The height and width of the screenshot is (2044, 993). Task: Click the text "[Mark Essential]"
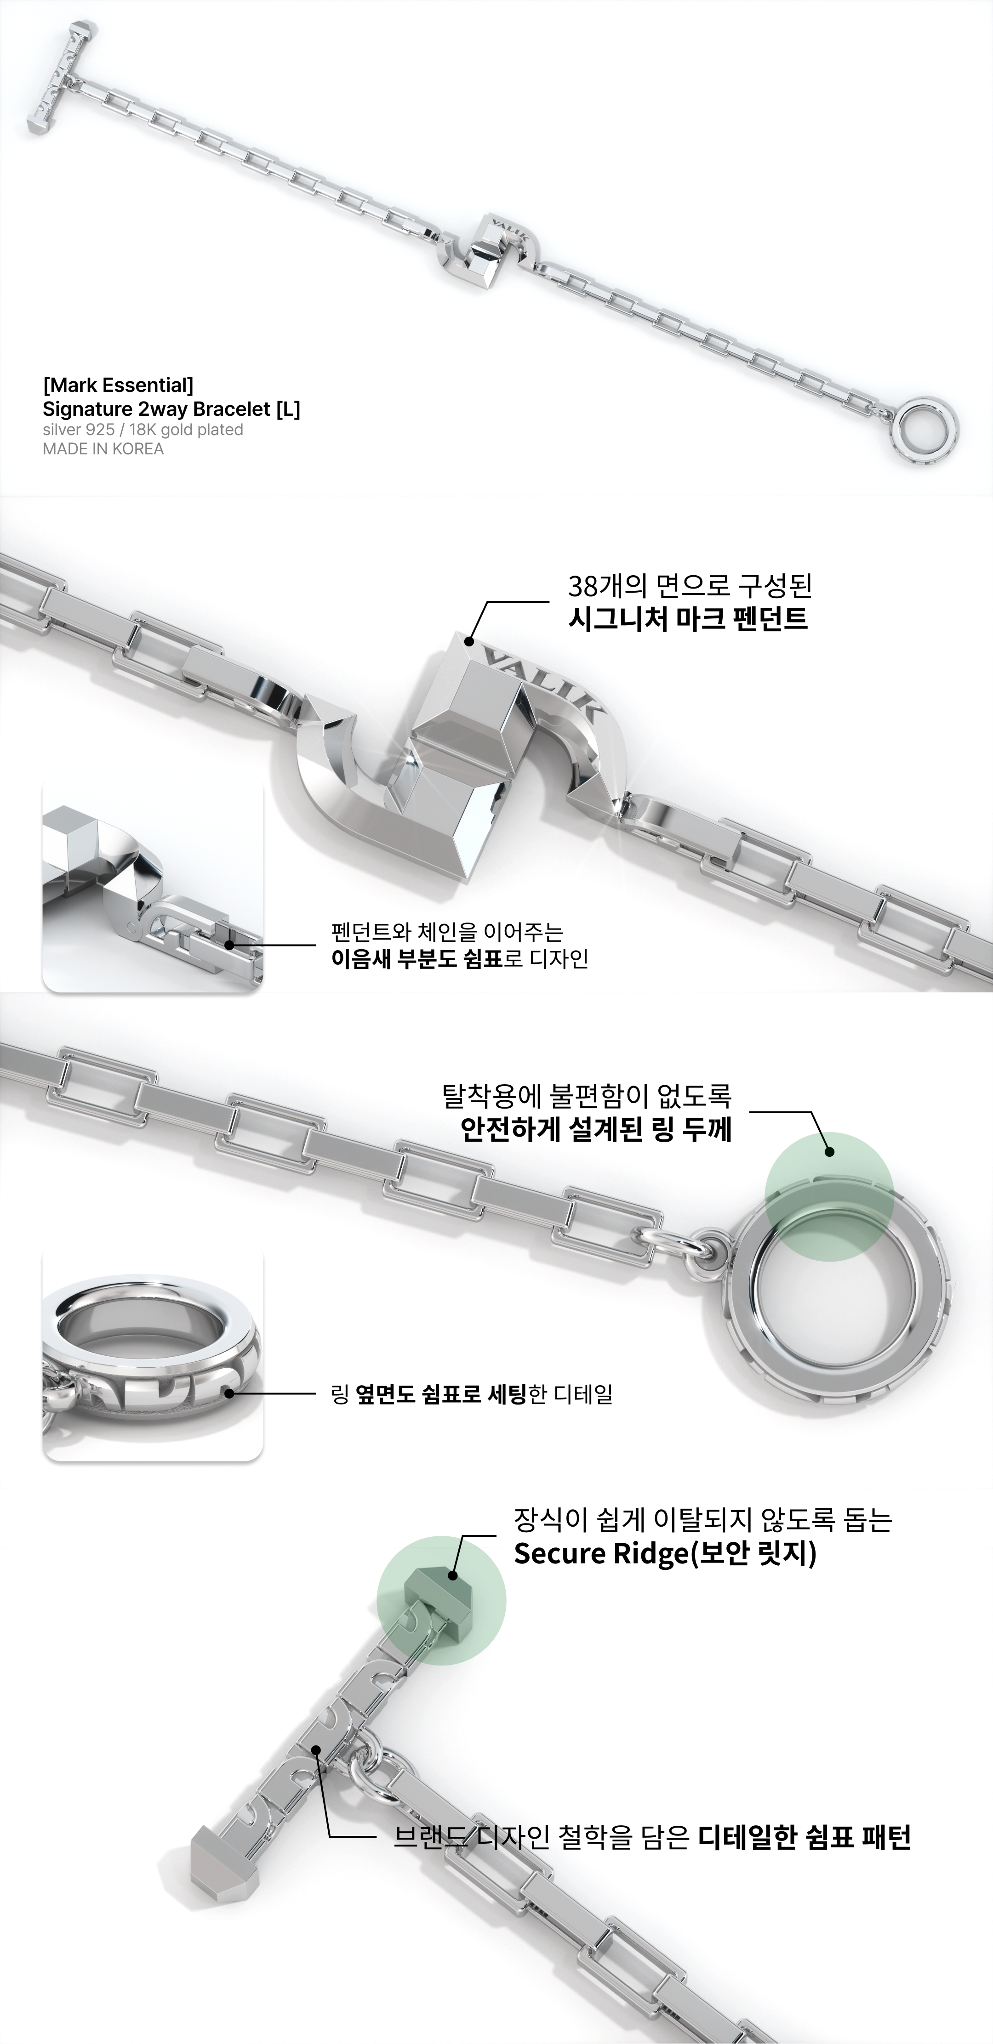pos(118,385)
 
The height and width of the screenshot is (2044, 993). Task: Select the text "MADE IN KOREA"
pos(103,449)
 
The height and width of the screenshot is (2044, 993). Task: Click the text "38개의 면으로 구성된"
pos(690,586)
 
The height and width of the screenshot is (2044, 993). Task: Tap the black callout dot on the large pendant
pos(469,641)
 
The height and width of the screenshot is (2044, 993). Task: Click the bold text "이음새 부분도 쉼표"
pos(417,958)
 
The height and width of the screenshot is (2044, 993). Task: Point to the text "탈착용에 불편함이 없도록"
pos(587,1097)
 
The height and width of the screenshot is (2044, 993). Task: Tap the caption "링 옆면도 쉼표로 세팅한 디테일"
pos(472,1394)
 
